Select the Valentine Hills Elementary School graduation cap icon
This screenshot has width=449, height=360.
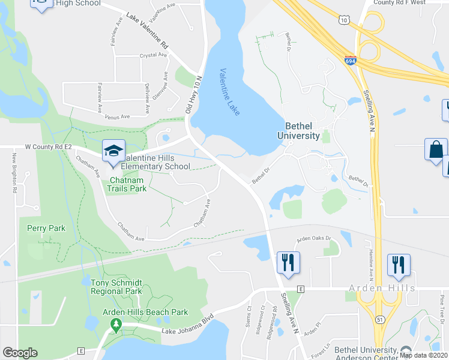coord(112,151)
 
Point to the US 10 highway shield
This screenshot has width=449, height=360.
coord(343,20)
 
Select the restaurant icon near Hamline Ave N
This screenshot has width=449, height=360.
coord(399,265)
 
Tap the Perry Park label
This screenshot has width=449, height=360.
coord(46,228)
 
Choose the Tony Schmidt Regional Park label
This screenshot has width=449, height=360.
coord(116,287)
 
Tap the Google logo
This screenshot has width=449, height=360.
coord(20,353)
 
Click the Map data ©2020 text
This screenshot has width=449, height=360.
coord(424,355)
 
